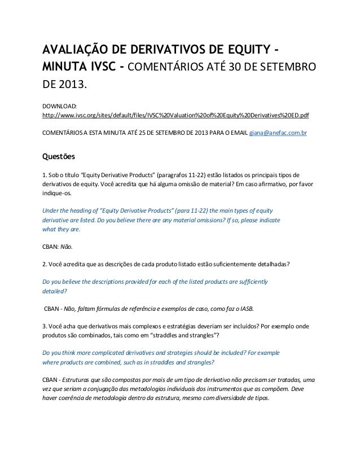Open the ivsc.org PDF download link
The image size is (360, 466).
[x=176, y=115]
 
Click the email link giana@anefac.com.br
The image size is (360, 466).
[x=279, y=134]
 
